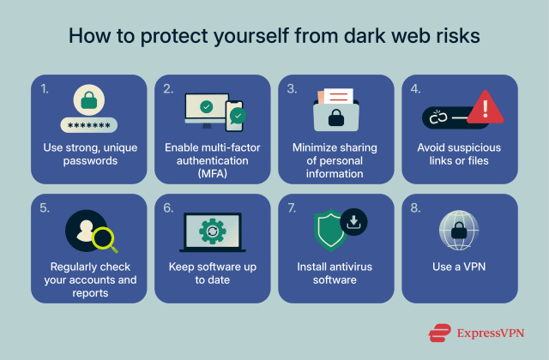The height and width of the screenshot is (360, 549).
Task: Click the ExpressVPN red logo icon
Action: click(x=441, y=333)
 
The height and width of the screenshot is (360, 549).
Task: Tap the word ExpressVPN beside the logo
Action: click(x=492, y=333)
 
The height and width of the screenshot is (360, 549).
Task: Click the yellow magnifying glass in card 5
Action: click(x=105, y=237)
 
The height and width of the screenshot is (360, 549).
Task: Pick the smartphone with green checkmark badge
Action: click(x=234, y=113)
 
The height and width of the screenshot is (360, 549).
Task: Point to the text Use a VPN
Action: click(x=459, y=267)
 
